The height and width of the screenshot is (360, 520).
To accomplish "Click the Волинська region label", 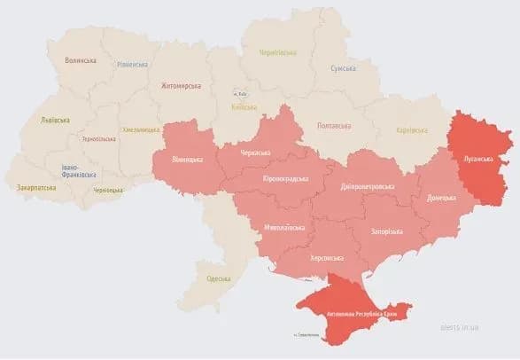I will (81, 60).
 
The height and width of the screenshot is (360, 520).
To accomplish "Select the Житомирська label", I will (181, 86).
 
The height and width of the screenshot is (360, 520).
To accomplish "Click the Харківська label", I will (414, 131).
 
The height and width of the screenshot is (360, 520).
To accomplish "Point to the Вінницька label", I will (187, 160).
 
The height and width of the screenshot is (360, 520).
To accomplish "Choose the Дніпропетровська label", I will (369, 187).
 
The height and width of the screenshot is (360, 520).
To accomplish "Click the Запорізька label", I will (386, 232).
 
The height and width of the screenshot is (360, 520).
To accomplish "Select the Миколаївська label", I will (284, 228).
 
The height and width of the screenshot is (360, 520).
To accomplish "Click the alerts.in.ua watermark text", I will (460, 326).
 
